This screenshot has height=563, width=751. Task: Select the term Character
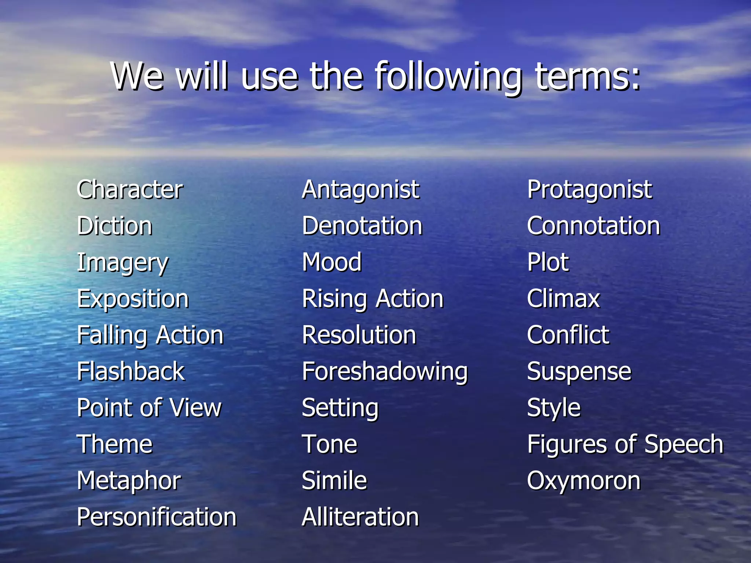click(x=130, y=189)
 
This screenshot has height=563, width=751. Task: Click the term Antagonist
click(x=360, y=189)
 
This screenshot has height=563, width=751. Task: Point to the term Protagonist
click(x=590, y=189)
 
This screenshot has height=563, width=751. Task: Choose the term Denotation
click(x=362, y=226)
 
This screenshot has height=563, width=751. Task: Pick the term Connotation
click(x=593, y=226)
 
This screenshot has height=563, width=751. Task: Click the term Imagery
click(x=122, y=263)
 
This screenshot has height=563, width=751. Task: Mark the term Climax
click(x=563, y=298)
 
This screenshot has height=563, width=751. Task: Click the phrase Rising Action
click(x=373, y=298)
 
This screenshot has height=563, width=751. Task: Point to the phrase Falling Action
click(x=150, y=335)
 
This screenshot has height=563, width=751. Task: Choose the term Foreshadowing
click(x=385, y=371)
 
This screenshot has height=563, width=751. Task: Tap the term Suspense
click(x=579, y=371)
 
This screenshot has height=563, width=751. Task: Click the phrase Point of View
click(x=149, y=408)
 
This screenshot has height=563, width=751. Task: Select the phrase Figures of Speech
click(x=625, y=444)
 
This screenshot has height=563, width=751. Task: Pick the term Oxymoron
click(x=583, y=481)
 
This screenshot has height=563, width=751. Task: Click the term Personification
click(x=157, y=517)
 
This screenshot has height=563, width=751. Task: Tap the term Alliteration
click(x=360, y=517)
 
